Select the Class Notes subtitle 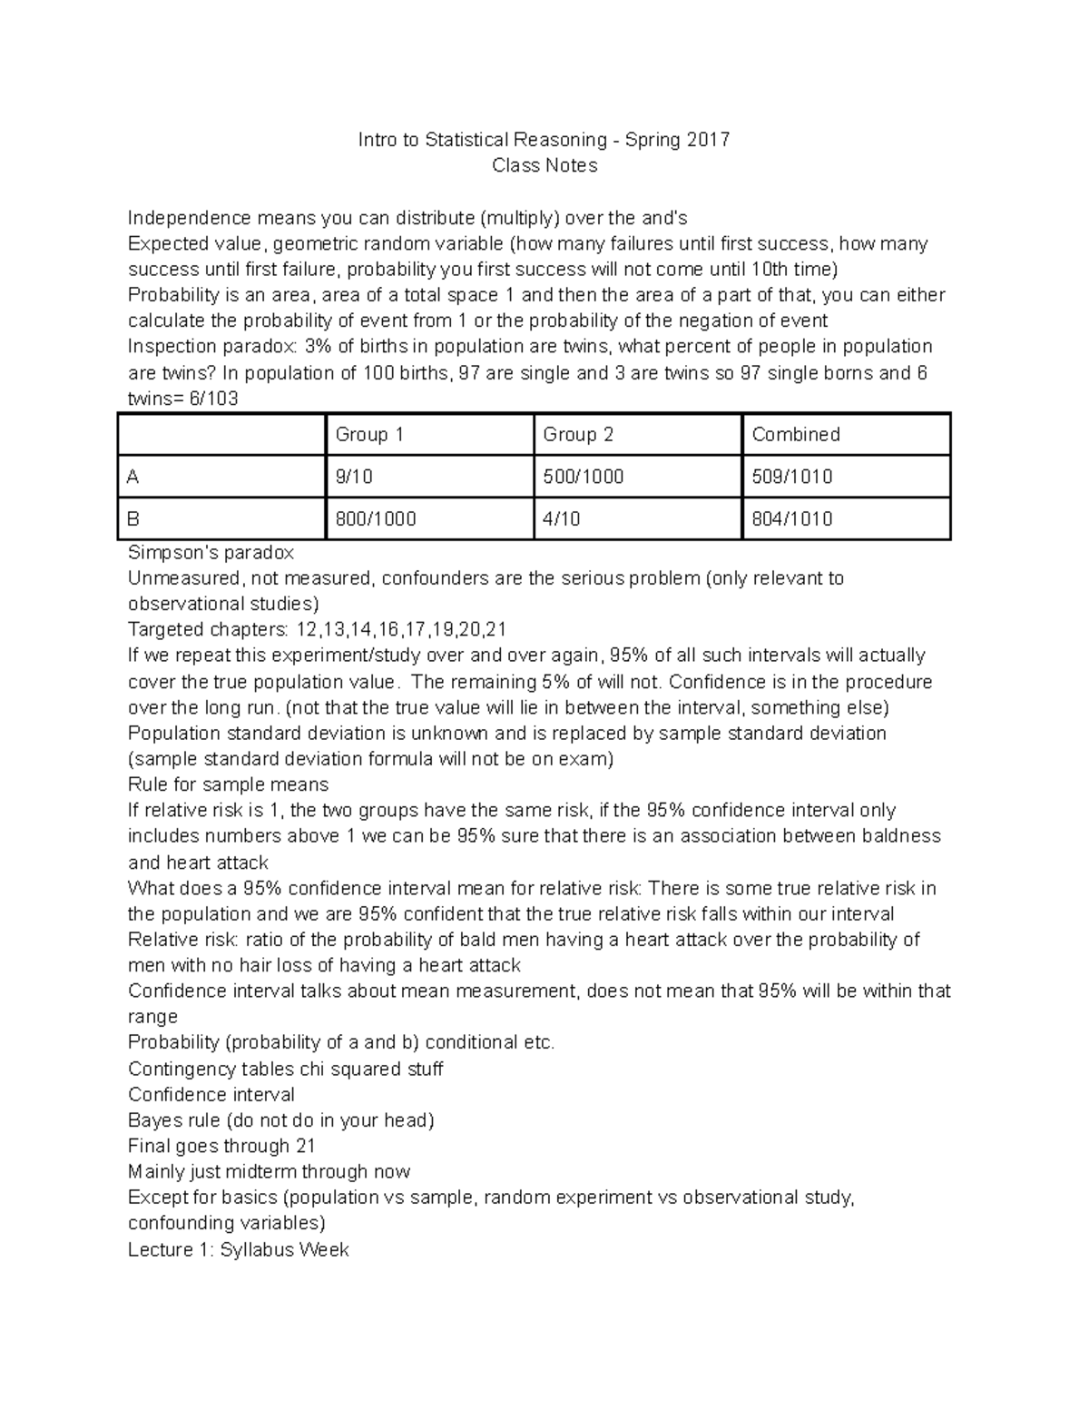click(x=544, y=165)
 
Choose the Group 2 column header click(x=578, y=434)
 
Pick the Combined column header click(x=796, y=434)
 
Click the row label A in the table click(x=134, y=477)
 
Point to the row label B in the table click(x=134, y=519)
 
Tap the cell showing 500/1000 click(x=583, y=477)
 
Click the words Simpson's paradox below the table click(x=211, y=552)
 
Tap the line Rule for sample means click(x=228, y=784)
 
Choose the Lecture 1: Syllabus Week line click(x=238, y=1249)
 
